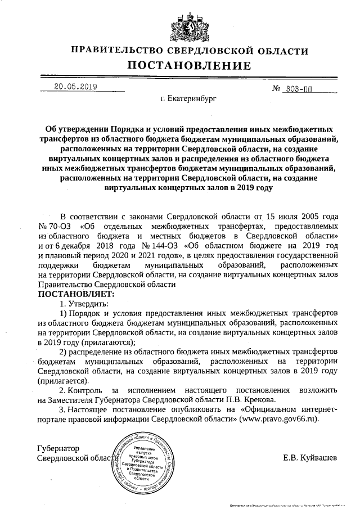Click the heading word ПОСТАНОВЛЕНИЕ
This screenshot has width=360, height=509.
click(180, 66)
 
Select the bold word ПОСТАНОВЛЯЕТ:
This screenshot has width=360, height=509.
click(75, 294)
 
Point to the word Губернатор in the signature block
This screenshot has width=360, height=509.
click(58, 448)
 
